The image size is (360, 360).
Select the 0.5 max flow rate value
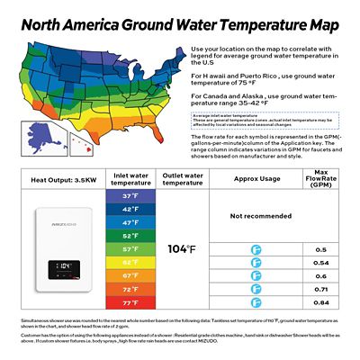(x=321, y=249)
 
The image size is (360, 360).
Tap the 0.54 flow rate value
(x=321, y=262)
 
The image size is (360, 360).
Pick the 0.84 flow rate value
(x=321, y=302)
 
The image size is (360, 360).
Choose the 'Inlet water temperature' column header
(x=130, y=178)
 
